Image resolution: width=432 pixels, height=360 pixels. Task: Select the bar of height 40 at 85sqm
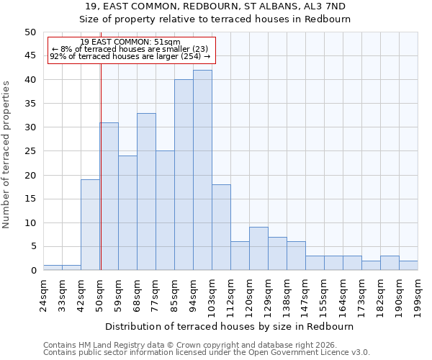click(x=184, y=175)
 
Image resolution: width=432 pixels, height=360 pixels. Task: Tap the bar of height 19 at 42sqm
click(x=90, y=225)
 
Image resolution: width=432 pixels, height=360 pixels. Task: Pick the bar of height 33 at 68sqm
click(x=146, y=192)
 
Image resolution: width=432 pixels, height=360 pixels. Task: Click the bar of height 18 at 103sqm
click(x=221, y=228)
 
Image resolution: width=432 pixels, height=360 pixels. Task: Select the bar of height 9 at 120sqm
click(x=258, y=248)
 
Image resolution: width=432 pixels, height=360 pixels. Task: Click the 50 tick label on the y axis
click(x=30, y=32)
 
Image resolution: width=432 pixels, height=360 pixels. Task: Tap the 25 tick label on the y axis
click(x=30, y=151)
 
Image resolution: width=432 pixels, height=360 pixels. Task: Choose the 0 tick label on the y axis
click(x=32, y=271)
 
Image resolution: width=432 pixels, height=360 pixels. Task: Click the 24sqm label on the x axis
click(x=43, y=294)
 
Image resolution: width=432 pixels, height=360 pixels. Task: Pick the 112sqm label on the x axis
click(x=230, y=296)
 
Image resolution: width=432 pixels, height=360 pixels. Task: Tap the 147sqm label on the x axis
click(x=305, y=296)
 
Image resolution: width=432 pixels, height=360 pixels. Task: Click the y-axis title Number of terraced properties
click(x=6, y=154)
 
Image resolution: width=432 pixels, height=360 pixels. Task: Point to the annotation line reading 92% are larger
click(x=130, y=56)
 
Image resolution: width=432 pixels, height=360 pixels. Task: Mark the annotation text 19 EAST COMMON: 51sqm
click(x=130, y=42)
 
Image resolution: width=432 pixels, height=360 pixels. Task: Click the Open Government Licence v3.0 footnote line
click(x=206, y=353)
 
